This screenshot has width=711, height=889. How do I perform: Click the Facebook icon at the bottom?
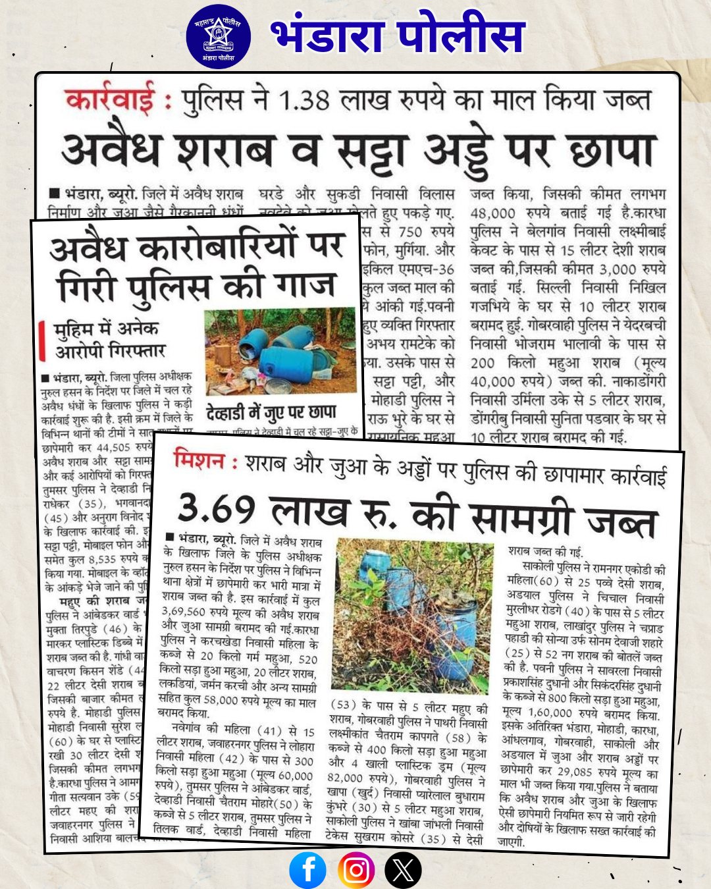307,870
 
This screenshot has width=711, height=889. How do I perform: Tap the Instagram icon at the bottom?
356,870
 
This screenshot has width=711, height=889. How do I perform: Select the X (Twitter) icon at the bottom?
403,870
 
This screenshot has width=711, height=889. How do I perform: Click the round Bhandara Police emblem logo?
218,36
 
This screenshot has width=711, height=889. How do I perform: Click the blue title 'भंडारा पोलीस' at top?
398,36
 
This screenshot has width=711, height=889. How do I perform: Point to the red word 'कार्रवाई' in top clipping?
110,101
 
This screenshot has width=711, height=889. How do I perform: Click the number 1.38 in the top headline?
303,101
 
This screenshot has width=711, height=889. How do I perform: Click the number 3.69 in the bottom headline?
217,508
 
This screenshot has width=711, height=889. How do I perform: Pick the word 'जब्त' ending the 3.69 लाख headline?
621,522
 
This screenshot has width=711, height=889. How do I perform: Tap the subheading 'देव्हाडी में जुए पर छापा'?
271,413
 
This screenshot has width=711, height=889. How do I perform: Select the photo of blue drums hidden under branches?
414,616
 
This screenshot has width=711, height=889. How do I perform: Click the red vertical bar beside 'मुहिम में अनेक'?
43,340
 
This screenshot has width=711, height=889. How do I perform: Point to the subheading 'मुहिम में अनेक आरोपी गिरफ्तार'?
109,339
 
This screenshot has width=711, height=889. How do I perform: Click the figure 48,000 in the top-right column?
493,213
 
